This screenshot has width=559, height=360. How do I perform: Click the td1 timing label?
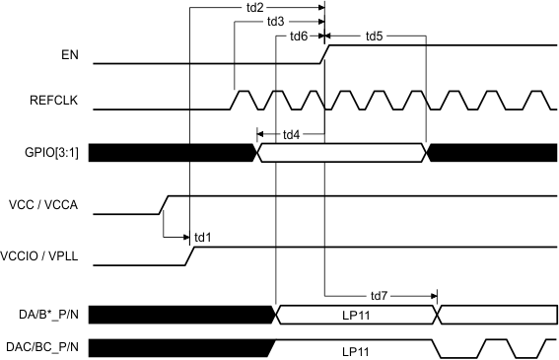(x=204, y=236)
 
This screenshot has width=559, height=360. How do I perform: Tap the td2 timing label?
(x=253, y=8)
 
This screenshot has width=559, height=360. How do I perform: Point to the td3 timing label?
(x=275, y=22)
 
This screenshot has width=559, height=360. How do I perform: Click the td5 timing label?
(x=374, y=36)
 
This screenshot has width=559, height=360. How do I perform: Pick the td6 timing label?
(x=299, y=36)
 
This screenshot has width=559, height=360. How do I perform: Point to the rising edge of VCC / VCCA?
(x=166, y=204)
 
